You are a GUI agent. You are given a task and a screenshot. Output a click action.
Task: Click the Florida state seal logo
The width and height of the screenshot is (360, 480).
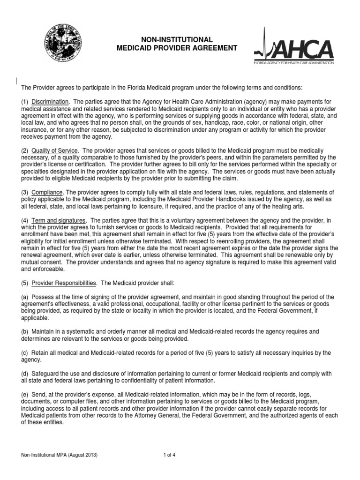point(64,46)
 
